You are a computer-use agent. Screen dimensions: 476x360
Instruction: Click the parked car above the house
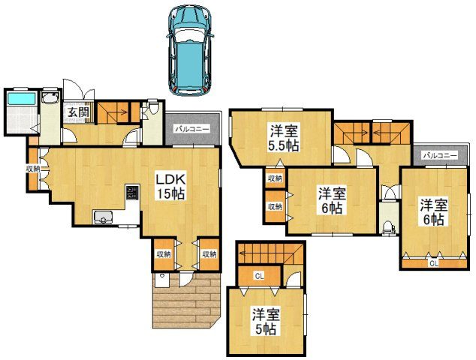(x=190, y=50)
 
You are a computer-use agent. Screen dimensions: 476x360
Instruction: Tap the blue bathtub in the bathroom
(x=21, y=99)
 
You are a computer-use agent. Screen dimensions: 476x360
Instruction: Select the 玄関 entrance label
(x=78, y=112)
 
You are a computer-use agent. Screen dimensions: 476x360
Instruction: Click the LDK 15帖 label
(x=170, y=187)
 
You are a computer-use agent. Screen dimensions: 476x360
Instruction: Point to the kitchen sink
(x=103, y=217)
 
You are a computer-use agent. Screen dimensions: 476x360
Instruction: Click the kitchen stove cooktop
(x=132, y=192)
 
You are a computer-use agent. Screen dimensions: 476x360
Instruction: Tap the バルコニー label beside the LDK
(x=192, y=130)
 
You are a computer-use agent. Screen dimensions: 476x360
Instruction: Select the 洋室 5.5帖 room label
(x=284, y=138)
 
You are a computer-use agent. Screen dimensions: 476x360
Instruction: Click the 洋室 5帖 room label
(x=266, y=321)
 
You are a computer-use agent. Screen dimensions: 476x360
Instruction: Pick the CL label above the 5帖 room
(x=259, y=276)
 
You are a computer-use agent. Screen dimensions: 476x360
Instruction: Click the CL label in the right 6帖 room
(x=434, y=263)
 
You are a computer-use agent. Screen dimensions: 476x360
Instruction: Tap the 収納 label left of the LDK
(x=33, y=169)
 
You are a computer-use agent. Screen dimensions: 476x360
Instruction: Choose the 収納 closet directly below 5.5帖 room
(x=275, y=178)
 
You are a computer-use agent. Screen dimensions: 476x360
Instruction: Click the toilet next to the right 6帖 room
(x=389, y=227)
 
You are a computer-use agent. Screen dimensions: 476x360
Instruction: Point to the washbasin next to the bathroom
(x=50, y=97)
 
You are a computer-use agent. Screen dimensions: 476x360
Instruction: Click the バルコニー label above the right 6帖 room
(x=440, y=155)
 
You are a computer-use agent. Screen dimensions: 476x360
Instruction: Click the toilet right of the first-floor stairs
(x=153, y=108)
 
